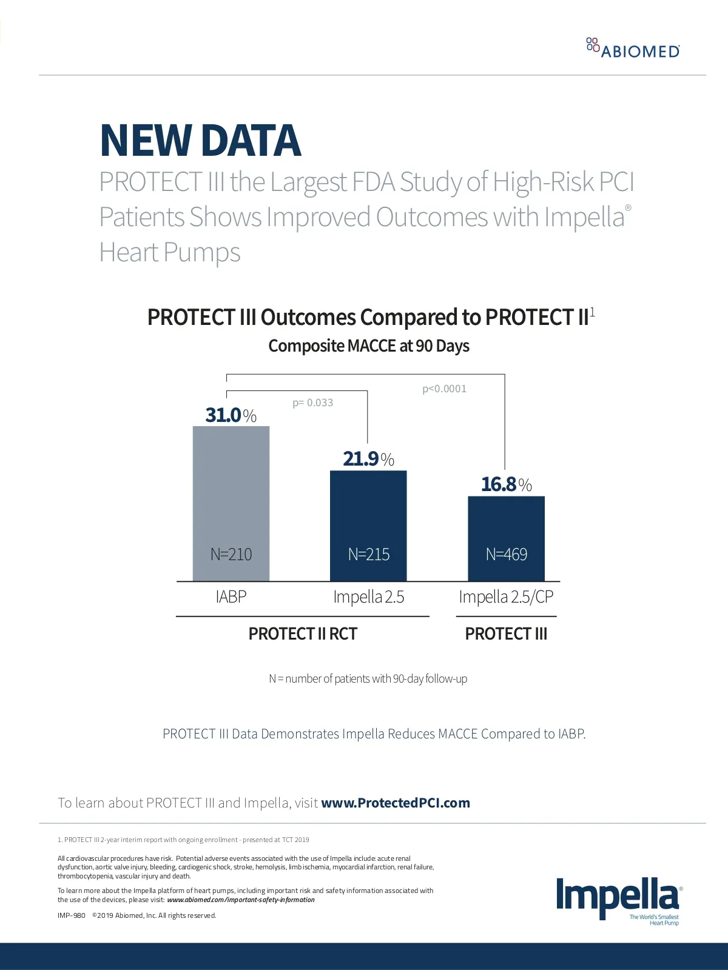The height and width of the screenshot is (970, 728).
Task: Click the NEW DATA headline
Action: pos(200,141)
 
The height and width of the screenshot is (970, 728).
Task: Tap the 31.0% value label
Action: pos(231,415)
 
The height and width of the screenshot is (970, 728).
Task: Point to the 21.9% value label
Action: pos(368,459)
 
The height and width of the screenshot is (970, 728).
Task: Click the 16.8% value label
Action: pos(506,484)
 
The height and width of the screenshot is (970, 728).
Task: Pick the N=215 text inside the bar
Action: pos(368,554)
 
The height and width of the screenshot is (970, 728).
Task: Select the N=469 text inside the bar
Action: pos(506,554)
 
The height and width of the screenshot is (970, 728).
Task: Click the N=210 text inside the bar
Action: pos(231,554)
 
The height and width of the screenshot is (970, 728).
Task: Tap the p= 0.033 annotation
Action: pos(312,403)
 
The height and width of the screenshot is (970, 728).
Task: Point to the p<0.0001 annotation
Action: pos(444,389)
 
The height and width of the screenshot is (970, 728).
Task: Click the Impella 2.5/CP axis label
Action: pos(506,597)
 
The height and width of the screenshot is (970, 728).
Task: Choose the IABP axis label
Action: pos(231,597)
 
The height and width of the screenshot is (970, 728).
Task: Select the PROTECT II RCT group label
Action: pos(303,634)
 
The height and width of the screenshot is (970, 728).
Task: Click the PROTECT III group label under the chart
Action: pos(506,634)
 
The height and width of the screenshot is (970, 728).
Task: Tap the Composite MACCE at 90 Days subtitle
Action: pos(369,346)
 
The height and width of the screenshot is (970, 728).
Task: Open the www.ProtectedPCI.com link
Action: pos(396,803)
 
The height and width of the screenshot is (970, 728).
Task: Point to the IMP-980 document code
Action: pos(72,915)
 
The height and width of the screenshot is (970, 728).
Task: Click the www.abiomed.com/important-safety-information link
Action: pos(241,900)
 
